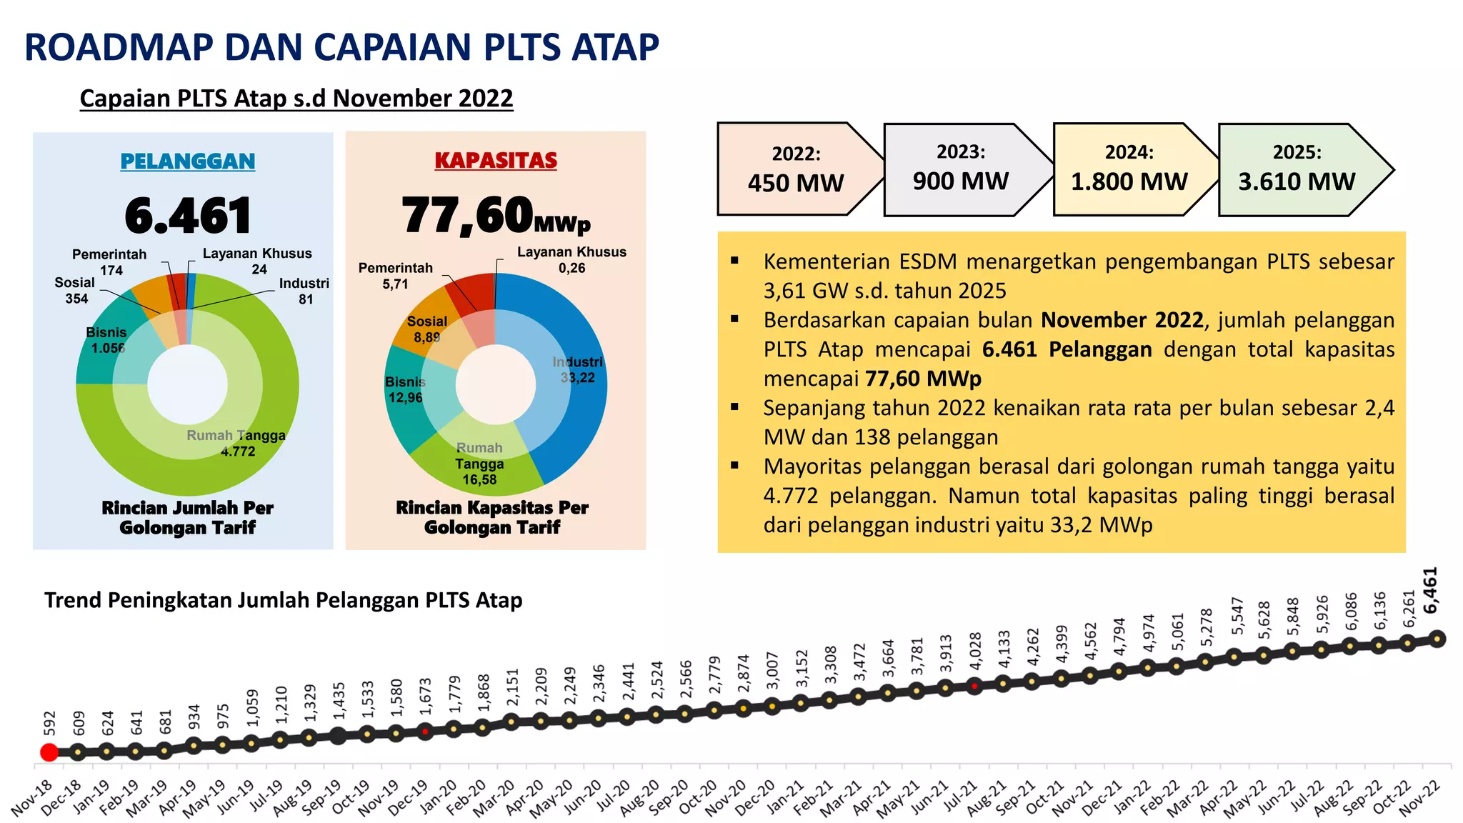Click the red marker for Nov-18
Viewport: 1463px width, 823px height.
[x=49, y=752]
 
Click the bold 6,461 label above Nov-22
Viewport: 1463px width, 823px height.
[x=1430, y=591]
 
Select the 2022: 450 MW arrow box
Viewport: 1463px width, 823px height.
[x=796, y=170]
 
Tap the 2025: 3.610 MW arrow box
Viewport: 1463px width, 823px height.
[x=1297, y=170]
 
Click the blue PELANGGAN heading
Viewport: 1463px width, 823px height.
[x=187, y=161]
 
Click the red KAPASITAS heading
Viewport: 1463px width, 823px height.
[x=496, y=161]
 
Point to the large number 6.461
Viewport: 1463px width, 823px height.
[x=188, y=216]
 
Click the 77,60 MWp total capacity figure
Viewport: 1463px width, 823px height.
[x=496, y=216]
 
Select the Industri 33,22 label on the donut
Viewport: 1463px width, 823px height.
[x=577, y=370]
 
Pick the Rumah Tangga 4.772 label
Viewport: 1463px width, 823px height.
[x=236, y=443]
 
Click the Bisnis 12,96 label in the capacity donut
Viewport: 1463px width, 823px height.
[x=405, y=389]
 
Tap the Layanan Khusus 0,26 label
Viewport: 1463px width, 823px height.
[x=571, y=259]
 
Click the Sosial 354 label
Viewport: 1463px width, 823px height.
[x=75, y=290]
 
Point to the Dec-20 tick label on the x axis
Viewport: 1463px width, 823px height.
[x=755, y=797]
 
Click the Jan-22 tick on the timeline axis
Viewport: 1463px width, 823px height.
[x=1132, y=797]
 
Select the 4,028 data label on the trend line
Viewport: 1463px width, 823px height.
[x=976, y=651]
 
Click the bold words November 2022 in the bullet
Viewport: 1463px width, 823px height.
[x=1122, y=320]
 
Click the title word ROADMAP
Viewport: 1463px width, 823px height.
[x=119, y=48]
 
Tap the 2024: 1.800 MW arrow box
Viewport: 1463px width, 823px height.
[x=1129, y=170]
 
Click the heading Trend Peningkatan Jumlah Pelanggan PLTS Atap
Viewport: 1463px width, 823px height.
[x=283, y=600]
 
